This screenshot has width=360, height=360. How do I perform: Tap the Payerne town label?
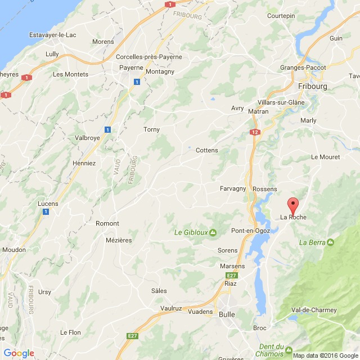tap(131, 68)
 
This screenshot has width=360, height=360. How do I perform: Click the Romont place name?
tap(107, 223)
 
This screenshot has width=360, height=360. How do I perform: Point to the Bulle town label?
tap(227, 314)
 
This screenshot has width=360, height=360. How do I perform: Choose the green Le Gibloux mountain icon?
tap(213, 232)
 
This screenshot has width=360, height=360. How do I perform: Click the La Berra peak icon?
tap(330, 242)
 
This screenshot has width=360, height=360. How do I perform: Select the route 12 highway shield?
tap(255, 132)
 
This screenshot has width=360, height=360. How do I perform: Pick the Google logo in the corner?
tap(19, 353)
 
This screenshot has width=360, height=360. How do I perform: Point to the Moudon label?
tap(14, 249)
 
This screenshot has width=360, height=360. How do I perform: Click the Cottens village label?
tap(206, 150)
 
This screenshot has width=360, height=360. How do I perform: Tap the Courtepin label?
tap(281, 16)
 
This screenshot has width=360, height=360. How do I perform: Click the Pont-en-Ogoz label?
tap(251, 231)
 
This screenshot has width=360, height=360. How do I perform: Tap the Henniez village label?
tap(84, 163)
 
